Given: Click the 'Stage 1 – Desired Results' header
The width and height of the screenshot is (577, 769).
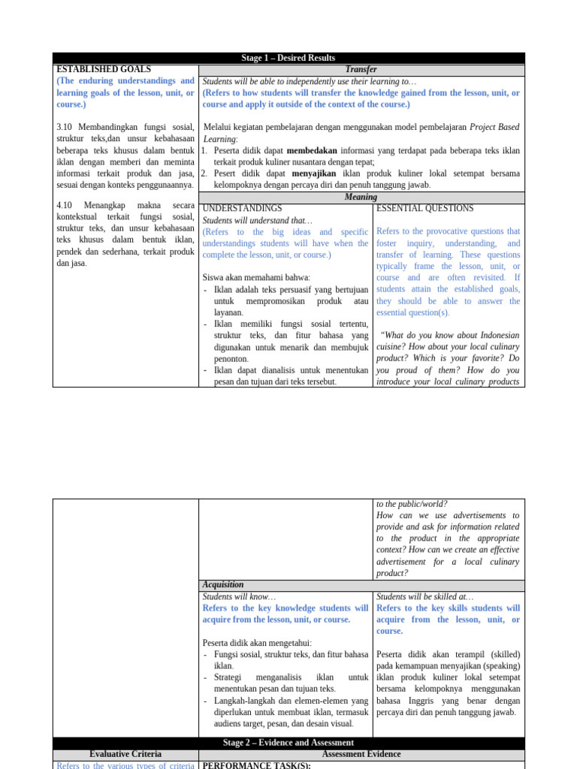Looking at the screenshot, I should click(x=288, y=58).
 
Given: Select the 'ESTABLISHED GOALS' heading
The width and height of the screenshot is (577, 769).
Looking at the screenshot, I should click(x=104, y=69).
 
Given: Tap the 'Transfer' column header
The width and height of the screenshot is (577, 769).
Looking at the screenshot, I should click(x=361, y=69).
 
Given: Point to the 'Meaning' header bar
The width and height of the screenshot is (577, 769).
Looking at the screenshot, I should click(x=361, y=197).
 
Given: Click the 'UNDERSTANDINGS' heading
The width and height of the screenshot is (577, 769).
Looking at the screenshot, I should click(x=242, y=208).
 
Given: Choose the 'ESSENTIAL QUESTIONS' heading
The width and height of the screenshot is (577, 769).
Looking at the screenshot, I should click(x=424, y=208).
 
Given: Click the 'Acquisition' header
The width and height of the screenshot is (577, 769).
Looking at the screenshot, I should click(x=223, y=584).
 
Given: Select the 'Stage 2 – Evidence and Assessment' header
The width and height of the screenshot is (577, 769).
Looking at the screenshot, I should click(x=288, y=743).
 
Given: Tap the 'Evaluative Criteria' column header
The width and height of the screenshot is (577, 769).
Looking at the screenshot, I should click(x=125, y=754).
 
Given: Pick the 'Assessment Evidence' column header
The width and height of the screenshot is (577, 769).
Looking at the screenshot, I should click(x=361, y=754).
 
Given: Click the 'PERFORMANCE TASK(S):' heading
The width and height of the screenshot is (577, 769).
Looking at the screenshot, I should click(x=256, y=765).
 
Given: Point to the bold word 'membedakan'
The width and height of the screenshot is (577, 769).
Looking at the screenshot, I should click(x=312, y=150).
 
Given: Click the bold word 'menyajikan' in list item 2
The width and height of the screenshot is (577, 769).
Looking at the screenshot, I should click(x=314, y=173).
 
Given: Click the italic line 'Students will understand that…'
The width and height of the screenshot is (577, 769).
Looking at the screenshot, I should click(x=257, y=220).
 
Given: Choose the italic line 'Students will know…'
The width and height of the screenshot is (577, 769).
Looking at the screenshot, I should click(x=239, y=596).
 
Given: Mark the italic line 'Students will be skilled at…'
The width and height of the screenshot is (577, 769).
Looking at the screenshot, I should click(x=426, y=596).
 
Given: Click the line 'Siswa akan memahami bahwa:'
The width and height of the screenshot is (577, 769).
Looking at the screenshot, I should click(x=256, y=277).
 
